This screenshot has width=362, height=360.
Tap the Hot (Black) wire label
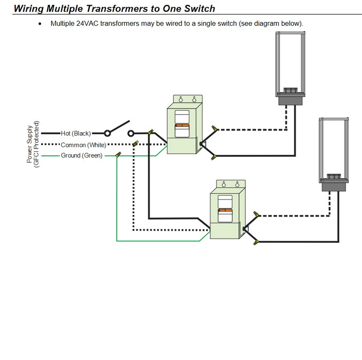[x=76, y=133]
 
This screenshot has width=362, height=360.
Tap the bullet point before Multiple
[x=40, y=24]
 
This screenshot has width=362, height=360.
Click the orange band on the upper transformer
[x=183, y=125]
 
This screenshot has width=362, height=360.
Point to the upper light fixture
[x=291, y=64]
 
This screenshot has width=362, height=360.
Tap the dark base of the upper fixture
[x=291, y=101]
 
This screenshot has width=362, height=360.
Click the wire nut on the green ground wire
[x=118, y=154]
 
